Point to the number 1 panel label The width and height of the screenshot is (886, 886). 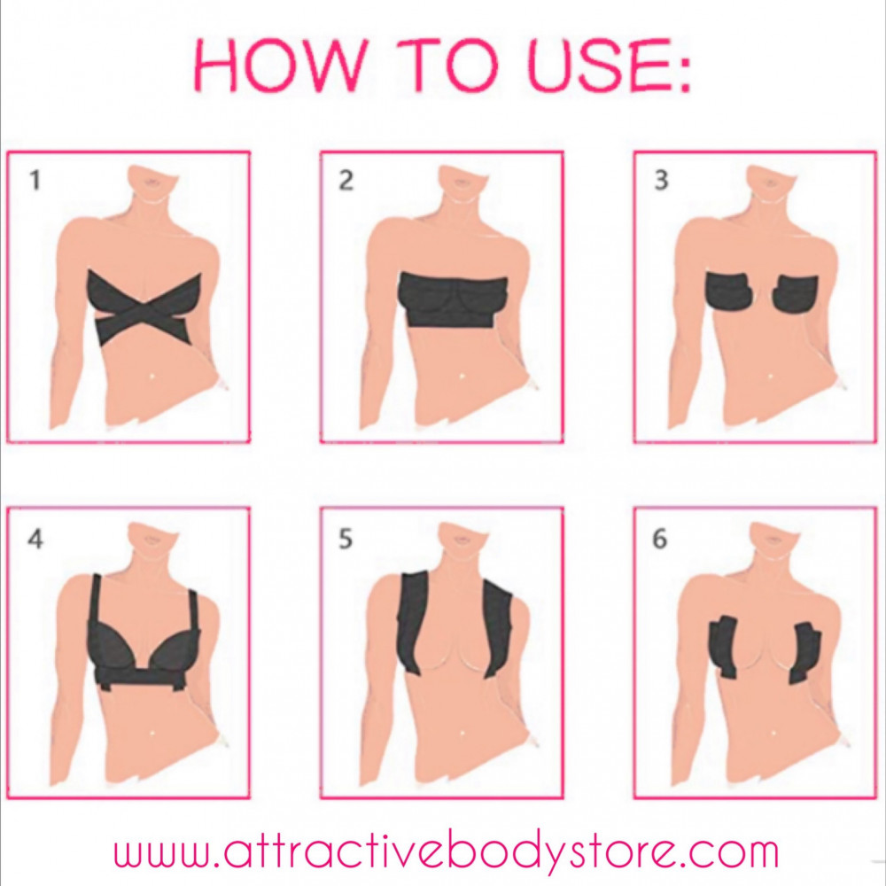coord(35,180)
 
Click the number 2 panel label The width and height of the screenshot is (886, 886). coord(346,180)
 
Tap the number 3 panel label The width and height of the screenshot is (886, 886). coord(661,180)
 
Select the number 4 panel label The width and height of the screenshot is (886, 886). coord(35,539)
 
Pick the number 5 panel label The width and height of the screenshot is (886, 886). coord(346,539)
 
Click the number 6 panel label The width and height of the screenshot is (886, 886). coord(659,539)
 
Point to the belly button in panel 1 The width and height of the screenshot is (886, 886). coord(152,375)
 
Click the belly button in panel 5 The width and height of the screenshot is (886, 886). coord(462,734)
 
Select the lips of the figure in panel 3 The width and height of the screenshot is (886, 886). coord(770,182)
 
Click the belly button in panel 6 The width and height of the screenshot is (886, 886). coord(771,734)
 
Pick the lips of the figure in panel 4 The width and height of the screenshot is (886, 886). coord(152,540)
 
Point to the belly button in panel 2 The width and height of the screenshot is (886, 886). coord(462,375)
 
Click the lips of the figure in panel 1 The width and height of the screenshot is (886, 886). coord(152,182)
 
